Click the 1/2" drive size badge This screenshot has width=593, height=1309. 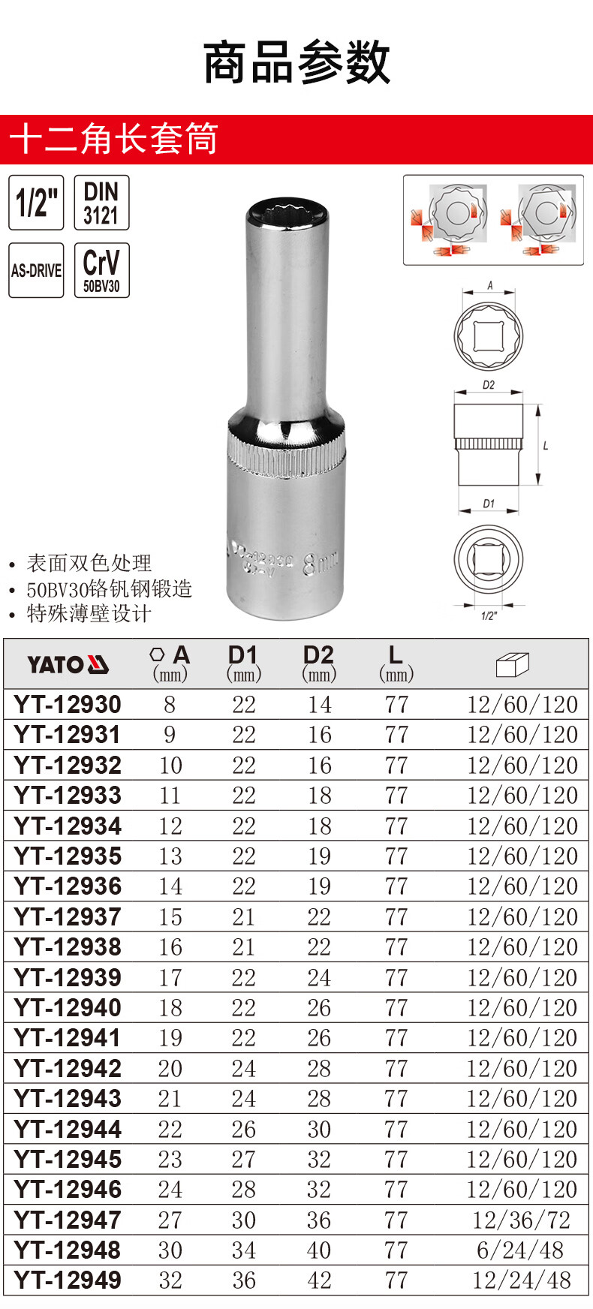[36, 203]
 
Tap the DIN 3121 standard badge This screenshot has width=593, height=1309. [101, 203]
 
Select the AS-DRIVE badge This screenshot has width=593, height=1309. [36, 270]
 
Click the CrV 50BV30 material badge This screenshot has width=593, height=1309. [101, 270]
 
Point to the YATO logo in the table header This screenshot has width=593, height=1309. [68, 664]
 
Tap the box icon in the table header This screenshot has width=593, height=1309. [513, 664]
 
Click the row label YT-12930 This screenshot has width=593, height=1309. [68, 704]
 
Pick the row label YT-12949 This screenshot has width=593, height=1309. [68, 1280]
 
